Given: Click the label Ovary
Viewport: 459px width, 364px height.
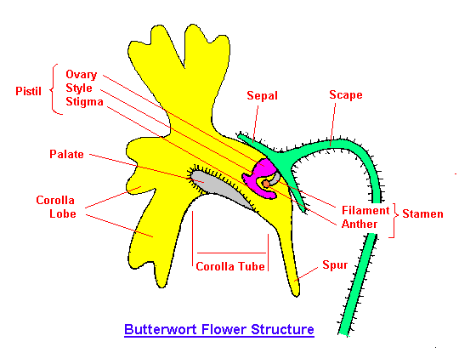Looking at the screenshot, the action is pyautogui.click(x=81, y=75).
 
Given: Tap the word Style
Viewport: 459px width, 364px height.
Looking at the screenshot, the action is pyautogui.click(x=79, y=88).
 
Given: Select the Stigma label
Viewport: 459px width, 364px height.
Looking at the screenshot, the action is pyautogui.click(x=84, y=102).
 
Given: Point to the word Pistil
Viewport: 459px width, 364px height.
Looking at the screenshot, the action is pyautogui.click(x=28, y=91).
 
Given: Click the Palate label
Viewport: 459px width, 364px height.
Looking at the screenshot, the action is pyautogui.click(x=66, y=154).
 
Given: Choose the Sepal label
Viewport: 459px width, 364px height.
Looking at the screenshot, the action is pyautogui.click(x=262, y=96).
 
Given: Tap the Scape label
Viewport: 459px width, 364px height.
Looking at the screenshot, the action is pyautogui.click(x=346, y=95).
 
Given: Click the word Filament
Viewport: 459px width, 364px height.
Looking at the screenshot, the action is pyautogui.click(x=365, y=210).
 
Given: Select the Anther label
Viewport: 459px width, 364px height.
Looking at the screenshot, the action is pyautogui.click(x=360, y=224).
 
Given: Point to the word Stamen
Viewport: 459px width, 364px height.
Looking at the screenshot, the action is pyautogui.click(x=422, y=213).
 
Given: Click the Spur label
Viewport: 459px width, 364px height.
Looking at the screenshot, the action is pyautogui.click(x=335, y=265).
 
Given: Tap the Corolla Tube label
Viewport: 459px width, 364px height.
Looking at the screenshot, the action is pyautogui.click(x=230, y=266).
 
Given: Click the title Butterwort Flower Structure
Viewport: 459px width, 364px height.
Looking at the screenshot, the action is pyautogui.click(x=219, y=329).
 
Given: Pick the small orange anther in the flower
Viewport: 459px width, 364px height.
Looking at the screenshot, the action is pyautogui.click(x=265, y=184).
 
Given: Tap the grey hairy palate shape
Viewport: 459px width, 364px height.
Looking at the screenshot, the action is pyautogui.click(x=220, y=188).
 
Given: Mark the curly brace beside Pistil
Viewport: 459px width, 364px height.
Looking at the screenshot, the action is pyautogui.click(x=54, y=89).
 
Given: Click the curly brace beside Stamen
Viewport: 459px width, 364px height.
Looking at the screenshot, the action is pyautogui.click(x=394, y=220).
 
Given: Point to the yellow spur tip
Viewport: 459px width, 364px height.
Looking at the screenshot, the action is pyautogui.click(x=297, y=294).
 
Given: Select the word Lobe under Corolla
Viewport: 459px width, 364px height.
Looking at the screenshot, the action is pyautogui.click(x=63, y=213).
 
